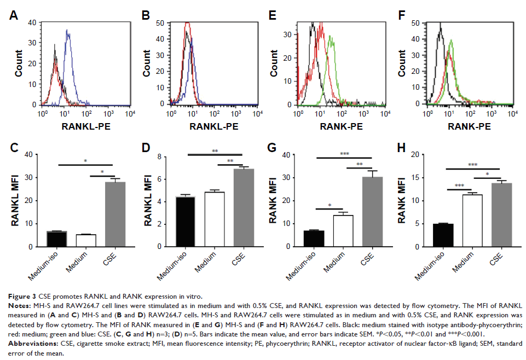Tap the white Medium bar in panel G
[x=343, y=231]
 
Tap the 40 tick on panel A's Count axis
[x=31, y=22]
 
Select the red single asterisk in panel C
[x=101, y=172]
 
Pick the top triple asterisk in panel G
[x=344, y=155]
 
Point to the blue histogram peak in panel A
[x=70, y=32]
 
